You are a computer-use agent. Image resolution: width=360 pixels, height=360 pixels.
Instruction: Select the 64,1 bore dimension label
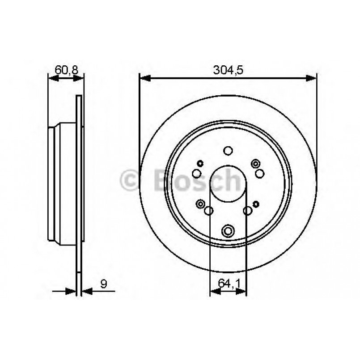(228, 283)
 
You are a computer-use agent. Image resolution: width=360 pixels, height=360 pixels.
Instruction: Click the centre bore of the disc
(228, 184)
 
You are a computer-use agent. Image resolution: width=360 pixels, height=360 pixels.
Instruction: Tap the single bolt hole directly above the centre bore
(228, 151)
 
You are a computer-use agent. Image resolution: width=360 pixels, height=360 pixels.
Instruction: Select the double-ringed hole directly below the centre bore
(228, 231)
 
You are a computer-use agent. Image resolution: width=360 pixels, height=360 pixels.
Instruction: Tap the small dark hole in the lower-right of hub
(256, 204)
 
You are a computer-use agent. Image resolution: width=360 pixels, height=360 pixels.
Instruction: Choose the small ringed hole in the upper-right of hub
(256, 163)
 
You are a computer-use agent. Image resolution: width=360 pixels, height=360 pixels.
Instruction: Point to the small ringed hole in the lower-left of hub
(200, 204)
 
